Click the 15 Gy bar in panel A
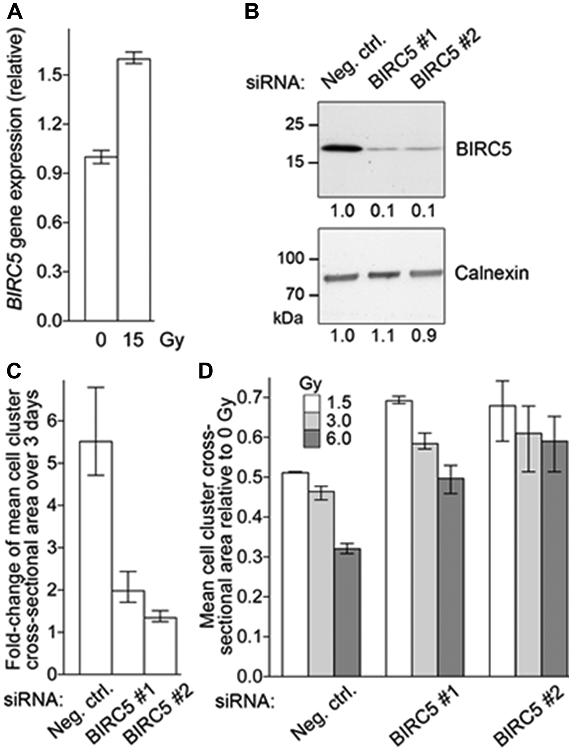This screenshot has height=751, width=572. pos(134,191)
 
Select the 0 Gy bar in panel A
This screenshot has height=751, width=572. pos(102,238)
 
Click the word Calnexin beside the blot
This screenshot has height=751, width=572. pos(492,274)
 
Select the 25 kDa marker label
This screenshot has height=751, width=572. pos(294,125)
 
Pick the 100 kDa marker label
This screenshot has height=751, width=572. pos(290,259)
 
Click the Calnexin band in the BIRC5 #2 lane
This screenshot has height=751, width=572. pos(426,273)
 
